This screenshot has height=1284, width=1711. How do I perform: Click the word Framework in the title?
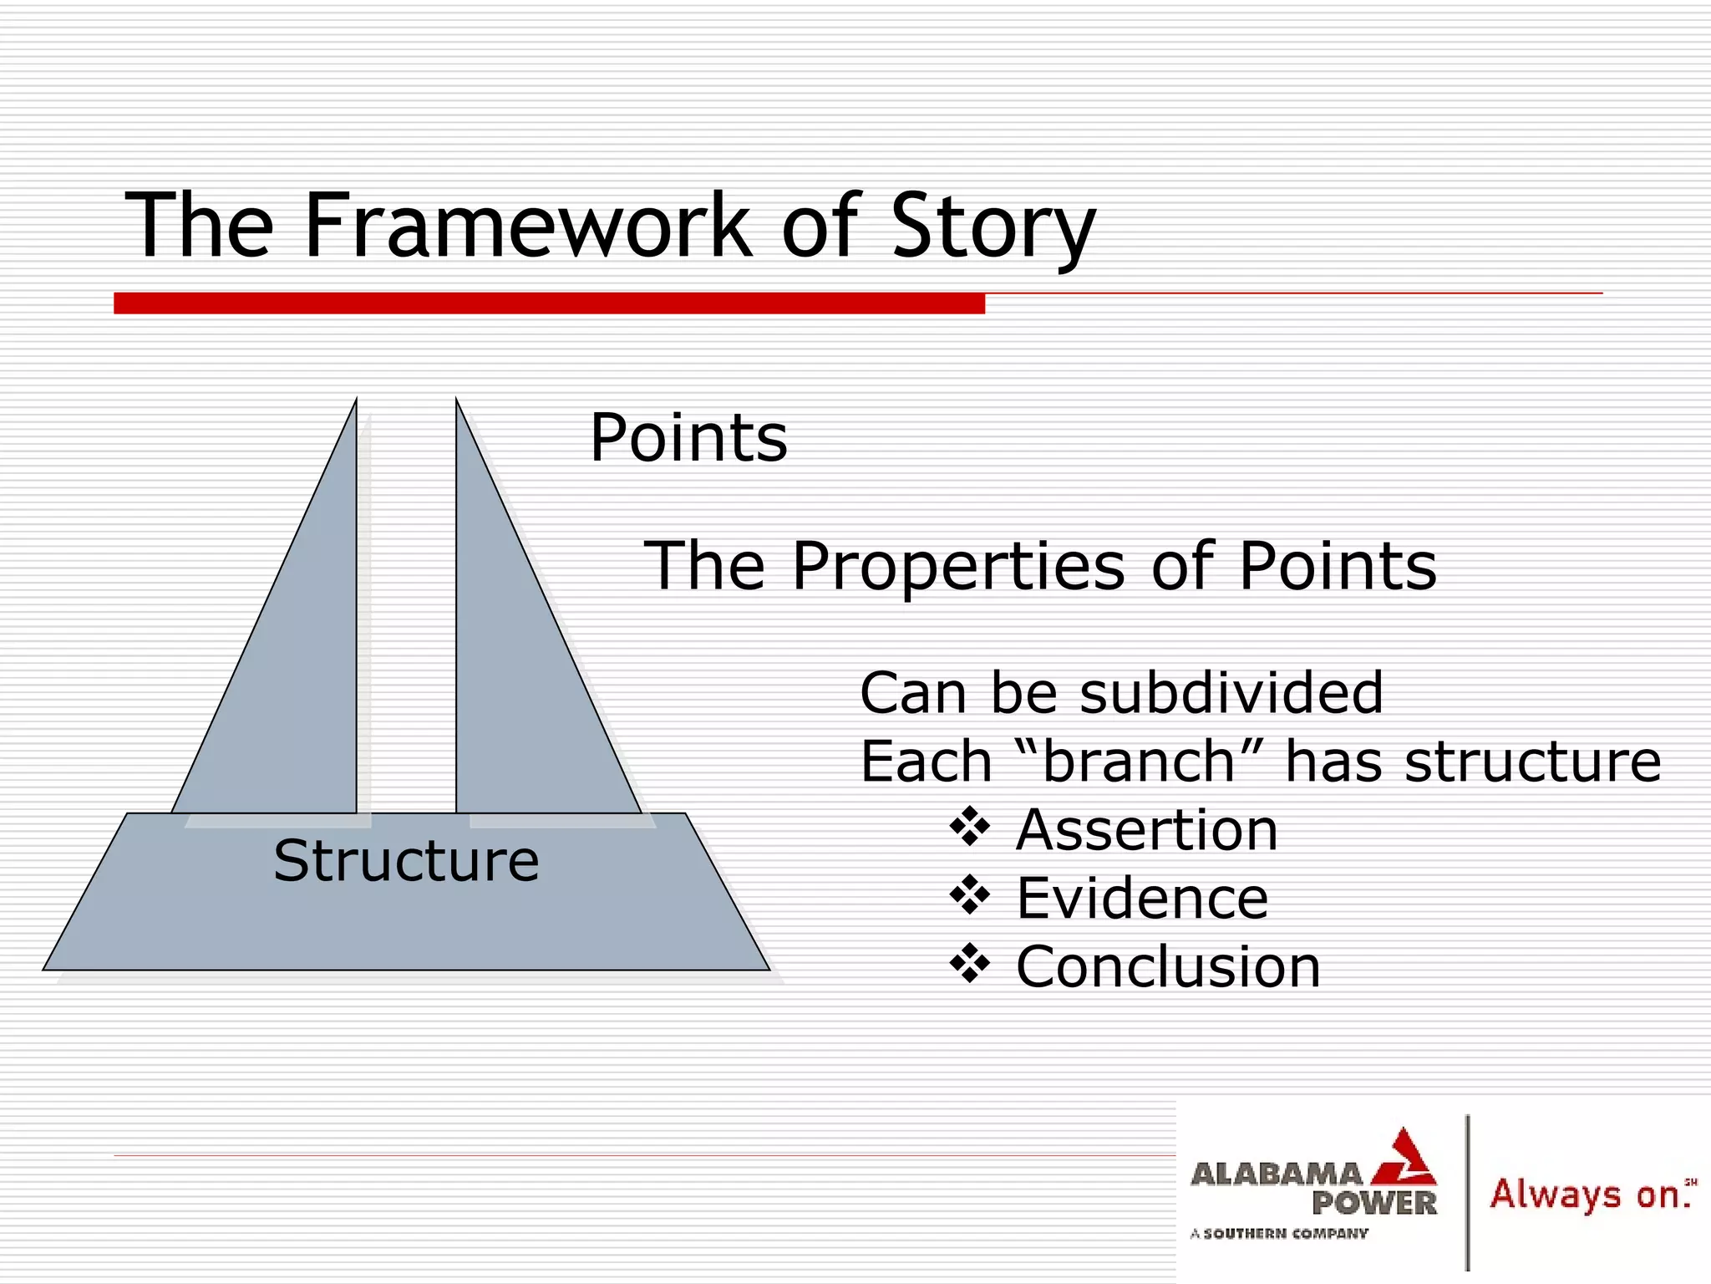528,226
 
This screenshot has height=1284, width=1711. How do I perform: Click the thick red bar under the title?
549,303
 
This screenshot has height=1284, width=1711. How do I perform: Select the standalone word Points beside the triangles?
688,437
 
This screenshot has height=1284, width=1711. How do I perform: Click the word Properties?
957,567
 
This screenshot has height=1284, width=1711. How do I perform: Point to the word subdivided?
1231,693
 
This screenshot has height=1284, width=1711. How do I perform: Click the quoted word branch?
1140,762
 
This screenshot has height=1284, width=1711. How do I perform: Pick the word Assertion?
1146,830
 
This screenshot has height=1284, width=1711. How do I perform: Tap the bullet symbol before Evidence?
969,897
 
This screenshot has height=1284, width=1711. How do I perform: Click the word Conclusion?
1168,967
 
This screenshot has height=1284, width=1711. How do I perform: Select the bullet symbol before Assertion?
969,828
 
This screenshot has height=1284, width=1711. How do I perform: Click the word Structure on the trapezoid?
406,861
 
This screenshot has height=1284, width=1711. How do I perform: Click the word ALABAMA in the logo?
1276,1174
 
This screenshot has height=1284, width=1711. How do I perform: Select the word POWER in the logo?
1373,1204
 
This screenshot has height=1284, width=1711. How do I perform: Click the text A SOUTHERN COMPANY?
1279,1233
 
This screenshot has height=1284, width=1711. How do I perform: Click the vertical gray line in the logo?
1468,1191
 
